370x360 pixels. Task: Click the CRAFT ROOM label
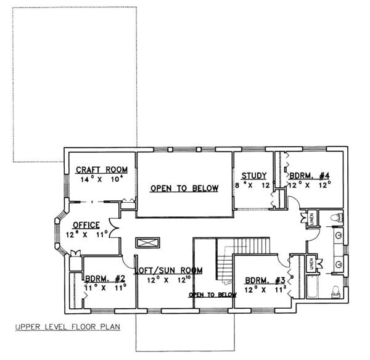[x=101, y=170]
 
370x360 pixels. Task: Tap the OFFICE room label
[x=86, y=224]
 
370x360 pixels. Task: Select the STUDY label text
[x=253, y=175]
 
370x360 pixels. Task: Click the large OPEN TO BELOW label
[x=184, y=189]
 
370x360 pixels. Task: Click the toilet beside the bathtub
[x=335, y=291]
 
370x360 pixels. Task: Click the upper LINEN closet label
[x=312, y=218]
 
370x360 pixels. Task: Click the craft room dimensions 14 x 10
[x=102, y=179]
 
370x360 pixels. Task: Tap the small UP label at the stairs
[x=228, y=283]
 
